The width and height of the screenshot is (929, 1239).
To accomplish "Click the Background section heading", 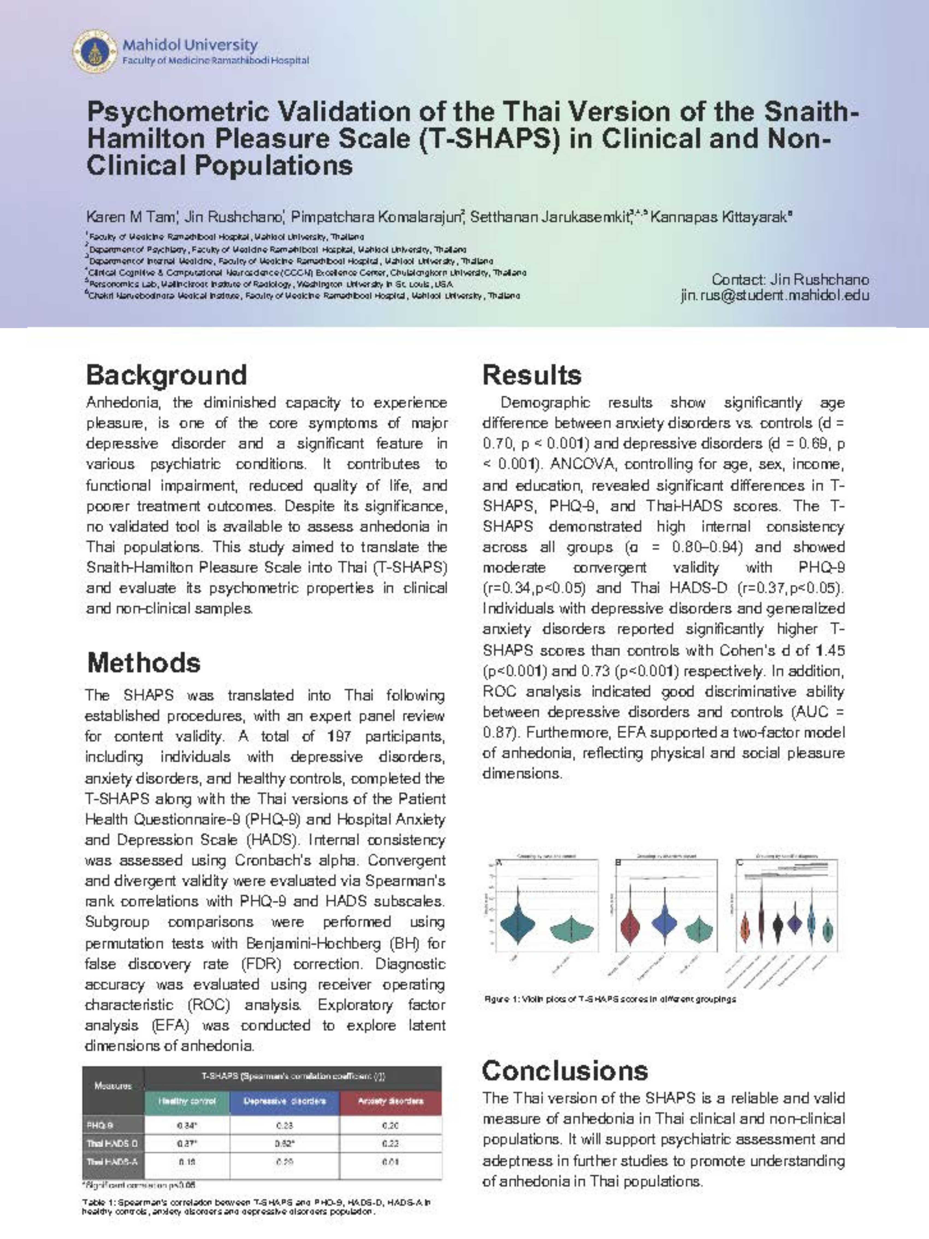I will coord(166,375).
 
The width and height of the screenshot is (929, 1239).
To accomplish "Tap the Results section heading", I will coord(532,375).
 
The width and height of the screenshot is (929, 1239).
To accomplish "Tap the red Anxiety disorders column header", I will coord(390,1101).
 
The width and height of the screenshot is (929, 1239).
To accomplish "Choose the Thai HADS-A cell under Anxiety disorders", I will coord(390,1162).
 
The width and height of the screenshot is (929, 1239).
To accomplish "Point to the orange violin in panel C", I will coord(745,927).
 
